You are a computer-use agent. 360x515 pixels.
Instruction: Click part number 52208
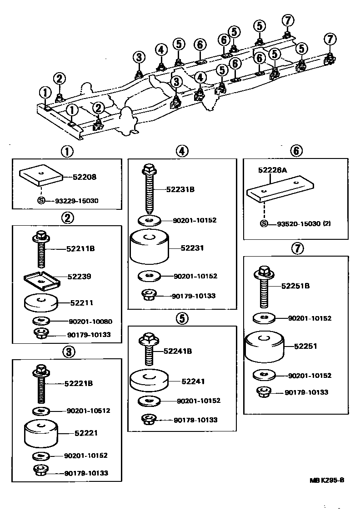[85, 177]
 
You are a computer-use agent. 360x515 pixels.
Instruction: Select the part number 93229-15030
[70, 200]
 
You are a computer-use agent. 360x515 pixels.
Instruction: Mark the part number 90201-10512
[88, 411]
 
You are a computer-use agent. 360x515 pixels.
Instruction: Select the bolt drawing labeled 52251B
[265, 286]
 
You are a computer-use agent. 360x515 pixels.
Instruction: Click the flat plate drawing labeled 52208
[40, 176]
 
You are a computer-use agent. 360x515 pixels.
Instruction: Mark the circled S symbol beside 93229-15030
[40, 200]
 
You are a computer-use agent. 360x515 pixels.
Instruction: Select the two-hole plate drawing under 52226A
[280, 188]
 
